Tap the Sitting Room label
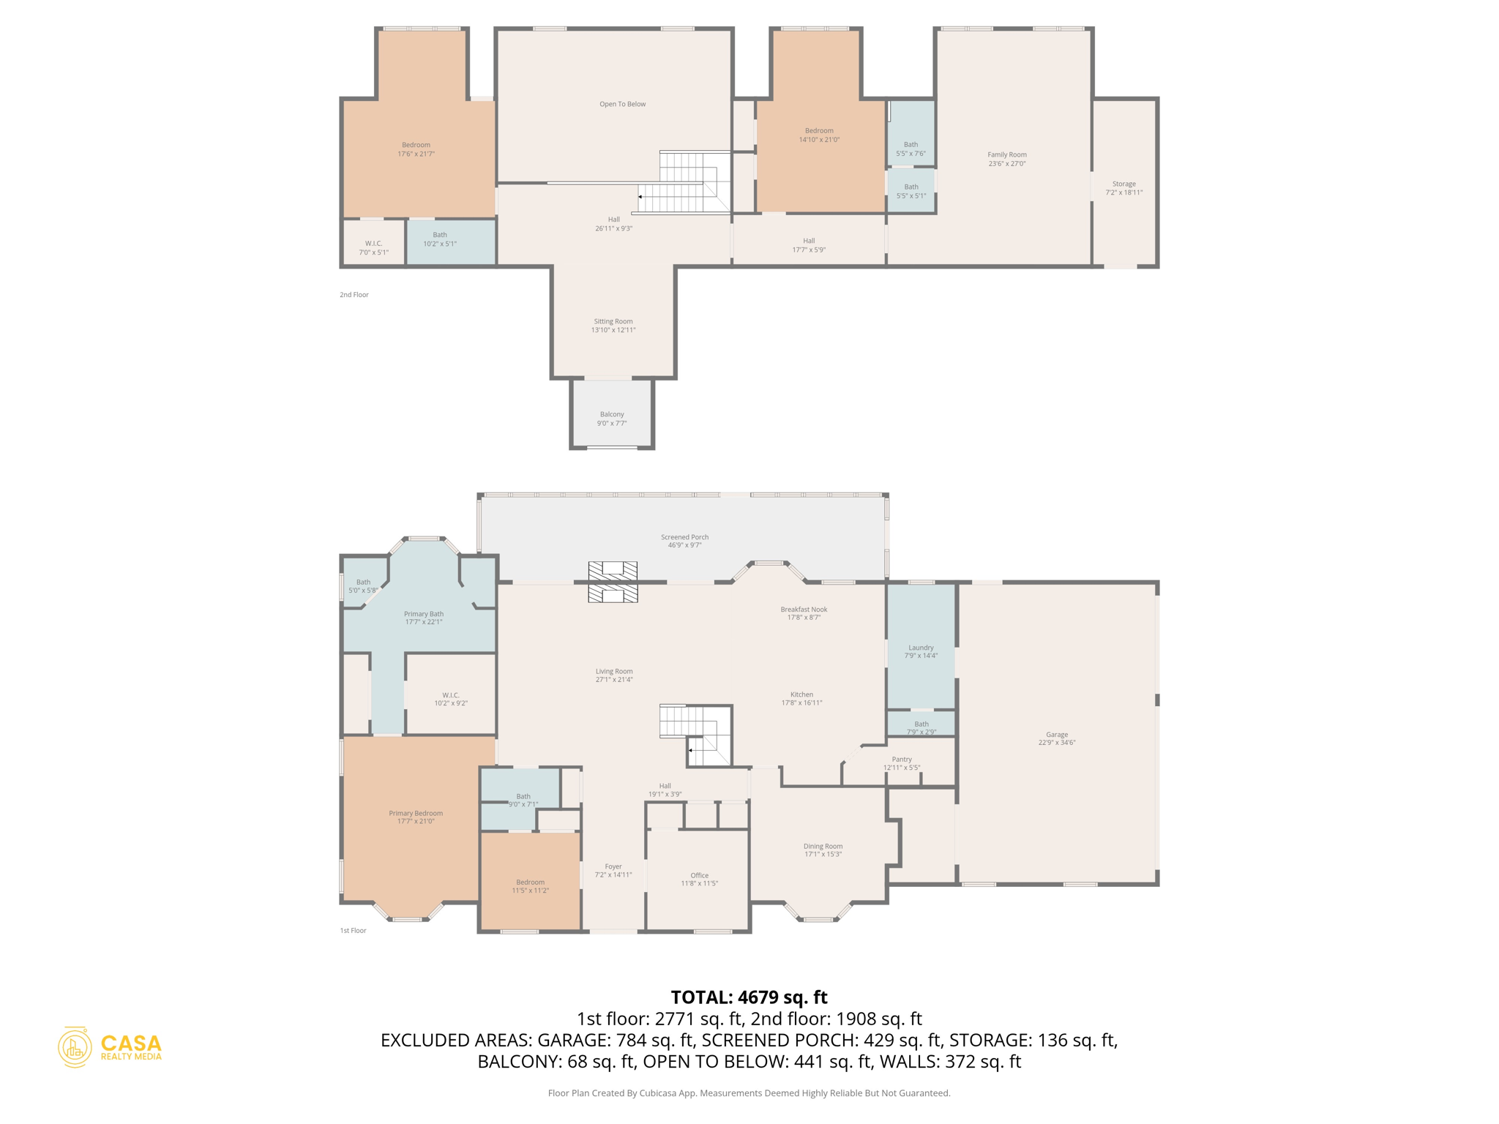click(613, 321)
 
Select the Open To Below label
click(622, 104)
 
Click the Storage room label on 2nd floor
click(1124, 184)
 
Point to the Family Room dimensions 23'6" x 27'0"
click(1007, 164)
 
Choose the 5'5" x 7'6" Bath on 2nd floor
click(911, 149)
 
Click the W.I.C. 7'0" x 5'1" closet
click(373, 247)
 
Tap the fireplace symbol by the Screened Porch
click(613, 582)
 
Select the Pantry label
click(902, 759)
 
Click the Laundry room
click(921, 651)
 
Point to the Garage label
click(1056, 734)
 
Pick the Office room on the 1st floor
click(699, 878)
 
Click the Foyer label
click(613, 866)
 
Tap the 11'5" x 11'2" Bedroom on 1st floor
click(530, 885)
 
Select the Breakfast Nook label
click(804, 609)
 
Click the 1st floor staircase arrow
click(690, 750)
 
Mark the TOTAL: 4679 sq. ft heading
click(749, 997)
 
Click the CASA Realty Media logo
click(110, 1047)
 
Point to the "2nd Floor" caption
click(354, 295)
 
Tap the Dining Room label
click(823, 846)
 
